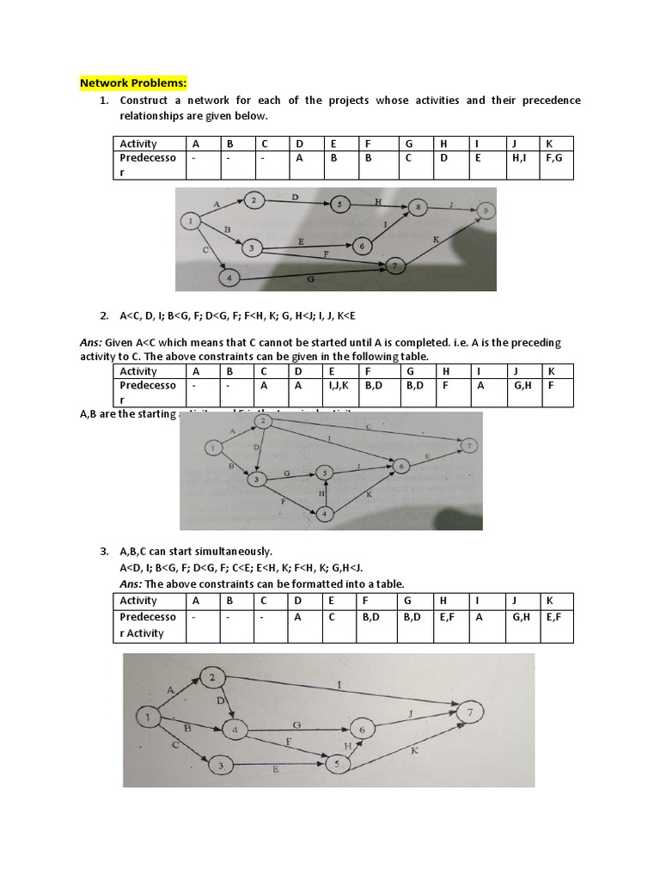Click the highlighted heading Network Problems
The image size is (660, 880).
click(133, 82)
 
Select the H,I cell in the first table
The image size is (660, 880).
click(520, 158)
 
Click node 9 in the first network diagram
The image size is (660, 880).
click(487, 211)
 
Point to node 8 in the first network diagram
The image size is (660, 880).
click(418, 207)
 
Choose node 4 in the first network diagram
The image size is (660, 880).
click(229, 278)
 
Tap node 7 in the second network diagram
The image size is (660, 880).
click(470, 445)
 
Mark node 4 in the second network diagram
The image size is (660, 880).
click(325, 514)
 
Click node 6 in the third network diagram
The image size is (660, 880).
click(362, 729)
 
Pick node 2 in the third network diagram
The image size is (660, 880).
click(213, 678)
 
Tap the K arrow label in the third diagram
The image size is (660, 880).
click(413, 751)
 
